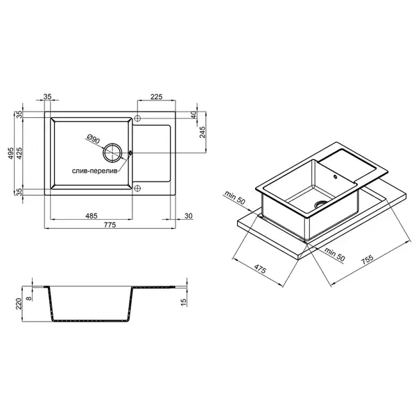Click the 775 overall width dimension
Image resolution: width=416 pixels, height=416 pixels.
[x=110, y=225]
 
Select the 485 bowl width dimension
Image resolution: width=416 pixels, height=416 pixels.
[x=92, y=216]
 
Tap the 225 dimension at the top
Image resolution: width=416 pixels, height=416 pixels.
[x=156, y=97]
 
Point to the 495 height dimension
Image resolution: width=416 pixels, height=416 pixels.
[x=10, y=153]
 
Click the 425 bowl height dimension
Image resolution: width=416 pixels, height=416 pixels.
[x=19, y=153]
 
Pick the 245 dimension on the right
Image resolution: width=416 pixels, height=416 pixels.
[x=202, y=132]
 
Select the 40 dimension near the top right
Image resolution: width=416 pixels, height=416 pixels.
[x=194, y=115]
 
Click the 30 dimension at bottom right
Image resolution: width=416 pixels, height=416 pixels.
[x=189, y=216]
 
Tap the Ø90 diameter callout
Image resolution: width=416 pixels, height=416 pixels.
[x=93, y=139]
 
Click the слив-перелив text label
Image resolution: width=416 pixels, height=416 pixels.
[x=94, y=171]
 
